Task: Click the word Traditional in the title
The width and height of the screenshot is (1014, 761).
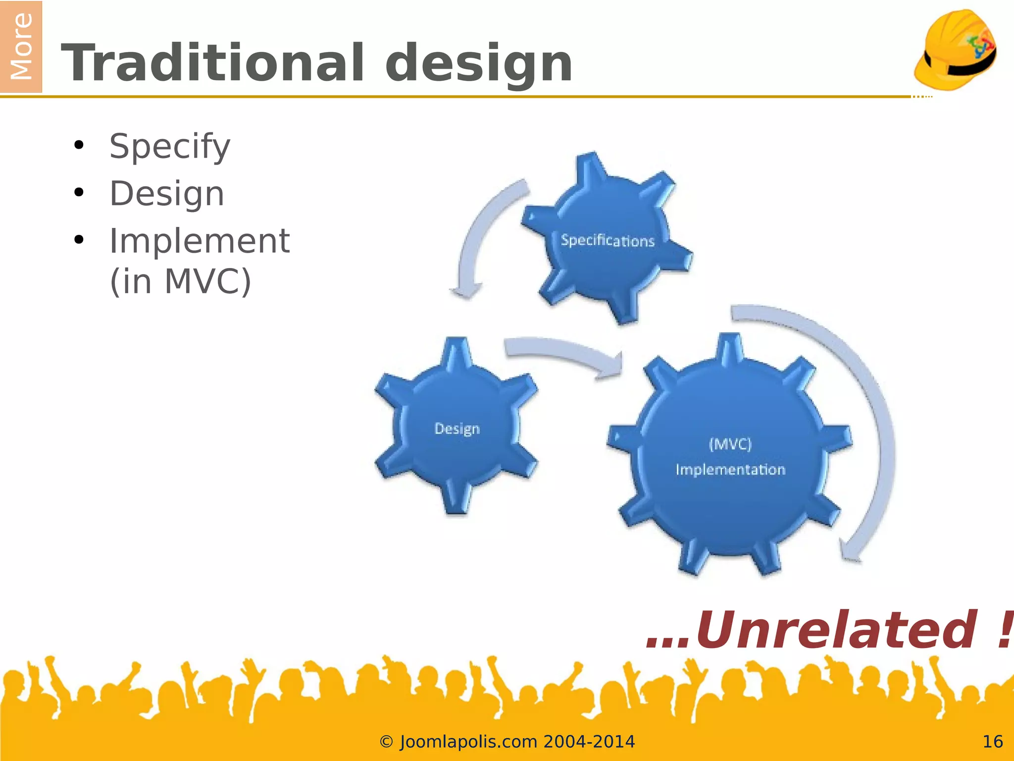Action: (x=213, y=63)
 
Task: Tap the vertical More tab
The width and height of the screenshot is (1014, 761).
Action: (x=21, y=47)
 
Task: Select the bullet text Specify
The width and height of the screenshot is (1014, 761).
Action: (x=170, y=147)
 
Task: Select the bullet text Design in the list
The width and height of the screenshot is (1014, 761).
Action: (x=167, y=194)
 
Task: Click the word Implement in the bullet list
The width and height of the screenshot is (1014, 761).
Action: (x=199, y=241)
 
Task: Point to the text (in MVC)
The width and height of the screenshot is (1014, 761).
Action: (x=180, y=281)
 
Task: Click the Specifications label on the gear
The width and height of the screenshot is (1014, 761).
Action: (x=608, y=240)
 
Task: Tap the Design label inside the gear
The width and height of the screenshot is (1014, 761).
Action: (x=457, y=429)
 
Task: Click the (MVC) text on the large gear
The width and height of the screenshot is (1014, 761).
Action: (x=730, y=443)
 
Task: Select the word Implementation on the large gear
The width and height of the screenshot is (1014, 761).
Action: (x=730, y=469)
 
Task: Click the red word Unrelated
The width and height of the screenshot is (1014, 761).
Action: (x=837, y=630)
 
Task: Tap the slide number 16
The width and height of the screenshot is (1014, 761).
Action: (x=992, y=742)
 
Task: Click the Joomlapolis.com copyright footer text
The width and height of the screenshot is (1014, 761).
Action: (x=507, y=742)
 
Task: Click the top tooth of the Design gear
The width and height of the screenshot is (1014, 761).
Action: (x=456, y=353)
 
